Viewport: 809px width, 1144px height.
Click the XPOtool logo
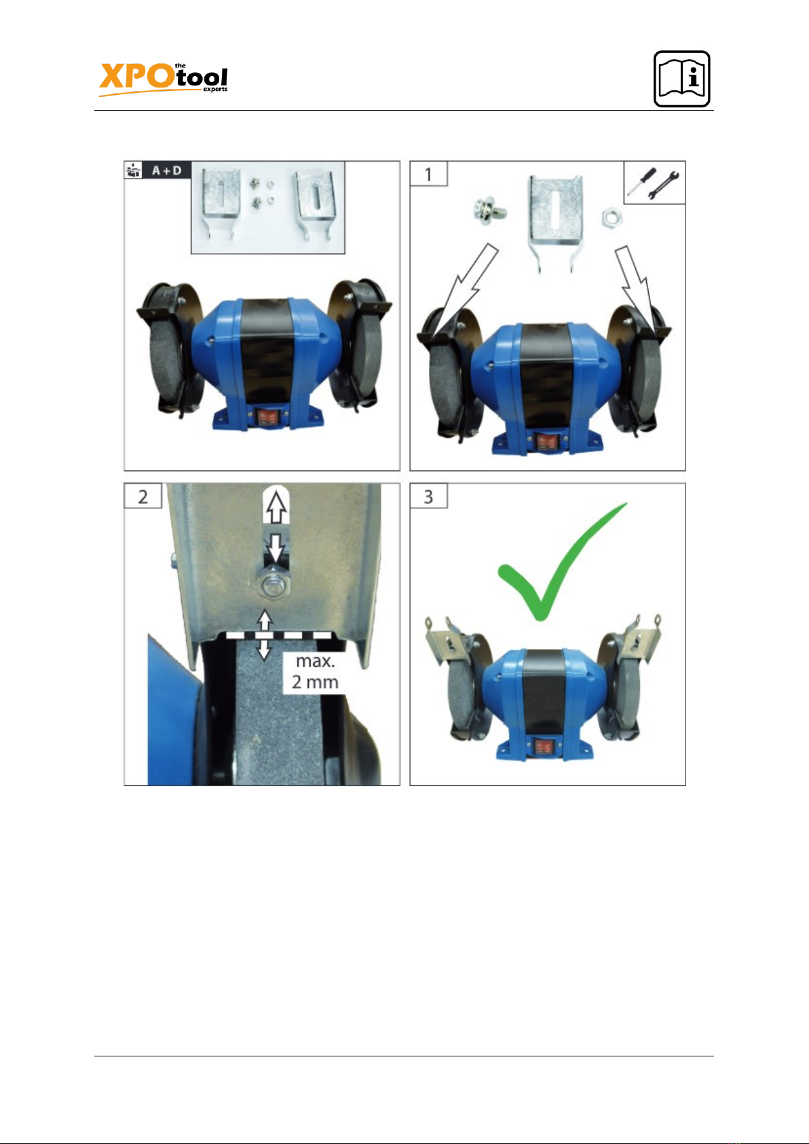pos(164,79)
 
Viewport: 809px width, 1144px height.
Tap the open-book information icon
pos(681,79)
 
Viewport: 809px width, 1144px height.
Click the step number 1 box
pos(429,174)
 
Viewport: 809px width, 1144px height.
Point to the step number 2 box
pos(143,496)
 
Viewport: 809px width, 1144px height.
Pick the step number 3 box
pos(429,496)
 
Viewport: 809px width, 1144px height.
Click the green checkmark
pos(561,561)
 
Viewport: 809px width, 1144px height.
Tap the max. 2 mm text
pos(315,671)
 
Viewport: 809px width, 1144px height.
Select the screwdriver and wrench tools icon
pos(654,183)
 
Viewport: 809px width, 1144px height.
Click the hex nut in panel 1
pos(612,217)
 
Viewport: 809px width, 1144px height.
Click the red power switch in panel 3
pos(544,748)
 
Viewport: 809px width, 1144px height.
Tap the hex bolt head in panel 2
pos(276,583)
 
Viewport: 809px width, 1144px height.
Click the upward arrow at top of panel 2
pos(276,506)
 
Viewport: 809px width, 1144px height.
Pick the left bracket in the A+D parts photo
pos(221,203)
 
